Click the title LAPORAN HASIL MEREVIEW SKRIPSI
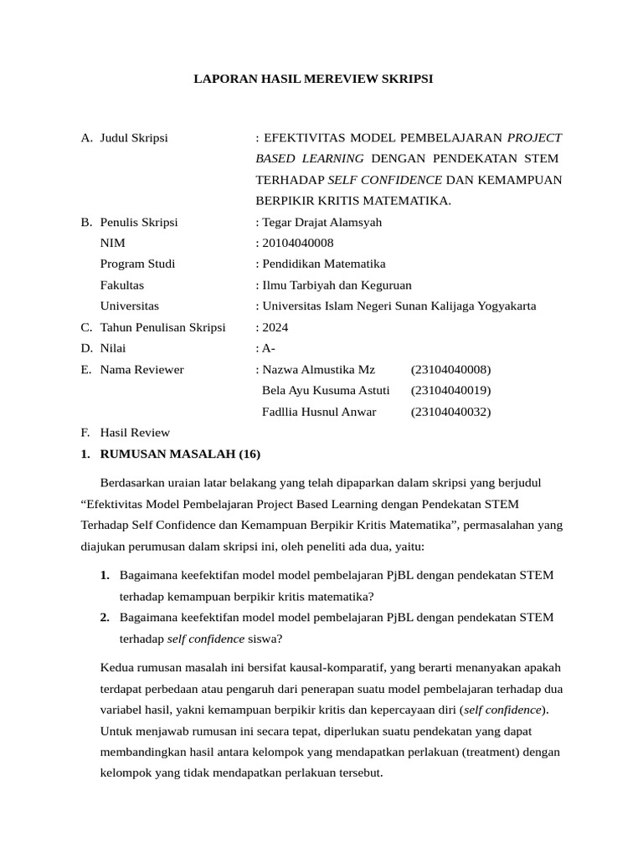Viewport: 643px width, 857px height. (x=313, y=80)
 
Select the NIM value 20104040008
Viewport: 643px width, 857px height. (x=297, y=243)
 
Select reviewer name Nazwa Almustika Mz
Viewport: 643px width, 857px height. (x=319, y=369)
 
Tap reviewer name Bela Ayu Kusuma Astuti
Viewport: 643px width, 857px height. (x=326, y=390)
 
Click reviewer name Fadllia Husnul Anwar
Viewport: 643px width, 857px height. (x=319, y=411)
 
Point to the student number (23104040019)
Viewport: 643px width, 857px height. (x=450, y=390)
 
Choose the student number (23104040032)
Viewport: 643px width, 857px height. (x=450, y=411)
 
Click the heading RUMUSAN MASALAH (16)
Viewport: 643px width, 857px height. (x=180, y=454)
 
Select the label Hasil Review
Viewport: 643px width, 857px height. (x=135, y=433)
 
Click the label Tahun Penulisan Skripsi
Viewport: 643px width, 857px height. (x=162, y=327)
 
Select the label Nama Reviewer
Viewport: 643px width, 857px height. (x=141, y=369)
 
